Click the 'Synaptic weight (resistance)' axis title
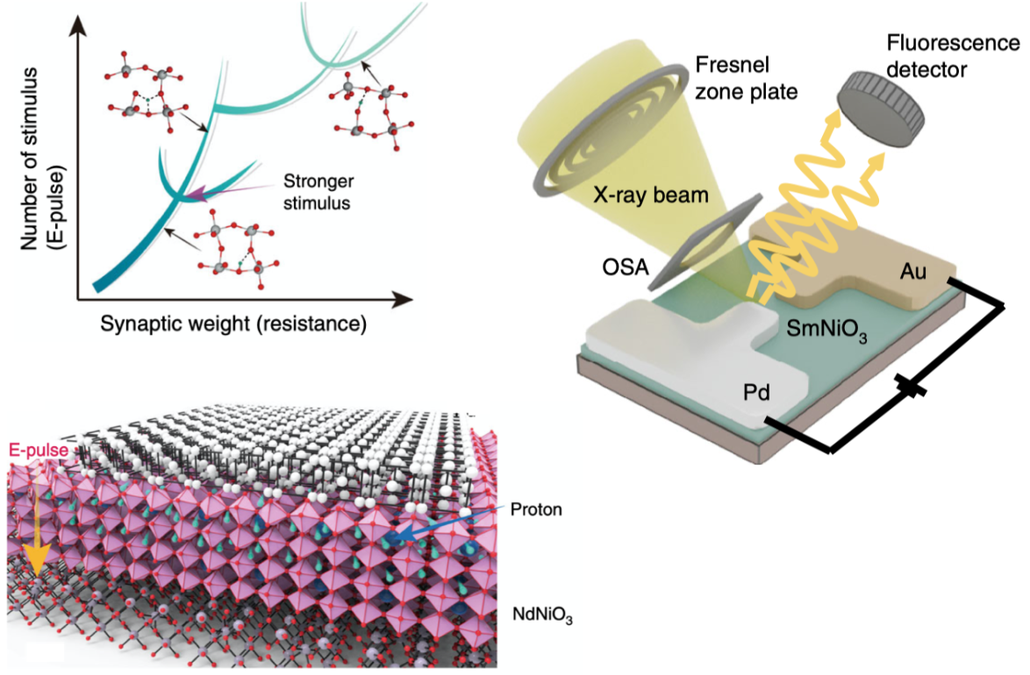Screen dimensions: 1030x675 tap(233, 323)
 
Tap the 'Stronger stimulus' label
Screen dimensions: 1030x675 tap(318, 192)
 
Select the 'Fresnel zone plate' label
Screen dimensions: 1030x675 tap(746, 78)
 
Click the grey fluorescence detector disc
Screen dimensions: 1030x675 tap(881, 109)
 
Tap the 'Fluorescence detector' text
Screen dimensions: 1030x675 tap(953, 56)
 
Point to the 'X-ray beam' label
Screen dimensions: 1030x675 tap(650, 195)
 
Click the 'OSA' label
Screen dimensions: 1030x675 tap(626, 267)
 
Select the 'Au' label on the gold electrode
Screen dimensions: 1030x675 tap(913, 271)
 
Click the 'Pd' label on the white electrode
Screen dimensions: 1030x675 tap(756, 393)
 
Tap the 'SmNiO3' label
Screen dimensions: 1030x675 tap(827, 329)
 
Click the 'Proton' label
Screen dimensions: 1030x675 tap(536, 509)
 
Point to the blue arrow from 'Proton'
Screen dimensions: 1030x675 tap(447, 524)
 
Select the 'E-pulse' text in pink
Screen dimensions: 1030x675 tap(38, 451)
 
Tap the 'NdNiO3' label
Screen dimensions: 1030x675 tap(542, 615)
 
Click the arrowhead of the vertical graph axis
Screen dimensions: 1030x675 tap(78, 25)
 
